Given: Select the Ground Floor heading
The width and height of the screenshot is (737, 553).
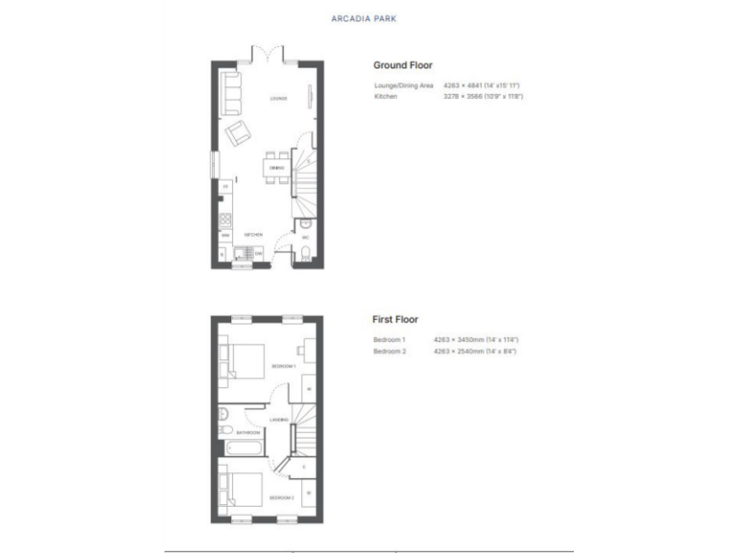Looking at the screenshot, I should pos(402,65).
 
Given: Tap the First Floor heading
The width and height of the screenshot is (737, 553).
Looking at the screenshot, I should pos(395,319).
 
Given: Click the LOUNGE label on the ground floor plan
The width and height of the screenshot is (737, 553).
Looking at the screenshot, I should pos(278,98).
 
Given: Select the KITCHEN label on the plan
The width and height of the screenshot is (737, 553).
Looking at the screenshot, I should pos(253,234).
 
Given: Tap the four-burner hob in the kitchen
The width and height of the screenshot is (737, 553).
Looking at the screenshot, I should pos(226,217).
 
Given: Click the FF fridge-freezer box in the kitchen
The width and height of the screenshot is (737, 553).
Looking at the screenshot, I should pos(226,185).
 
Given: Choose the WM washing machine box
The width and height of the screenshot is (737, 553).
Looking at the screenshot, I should pos(226,234).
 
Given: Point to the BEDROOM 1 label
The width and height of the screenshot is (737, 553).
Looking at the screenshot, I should pos(282,367).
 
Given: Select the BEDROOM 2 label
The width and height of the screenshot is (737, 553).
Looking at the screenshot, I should pos(281,498).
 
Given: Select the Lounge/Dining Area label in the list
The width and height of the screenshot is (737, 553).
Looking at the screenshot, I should pos(404,86).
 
